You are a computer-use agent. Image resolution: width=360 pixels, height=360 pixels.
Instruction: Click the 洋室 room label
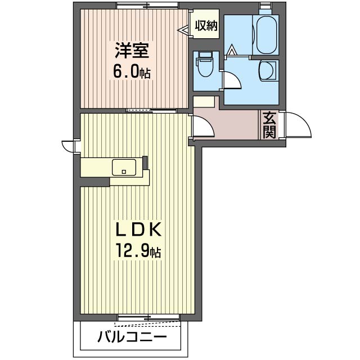(x=132, y=51)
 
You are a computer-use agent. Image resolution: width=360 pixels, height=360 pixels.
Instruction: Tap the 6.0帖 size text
(x=132, y=72)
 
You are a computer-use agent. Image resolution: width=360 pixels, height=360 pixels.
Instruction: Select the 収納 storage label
(x=205, y=26)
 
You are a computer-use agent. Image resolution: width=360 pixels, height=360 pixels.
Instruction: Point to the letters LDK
(x=139, y=229)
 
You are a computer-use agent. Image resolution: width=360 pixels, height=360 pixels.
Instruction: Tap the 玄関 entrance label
(x=269, y=125)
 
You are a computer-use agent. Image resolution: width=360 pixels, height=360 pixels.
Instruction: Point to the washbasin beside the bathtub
(x=266, y=71)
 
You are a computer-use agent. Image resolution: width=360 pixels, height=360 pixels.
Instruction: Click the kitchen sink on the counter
(x=124, y=167)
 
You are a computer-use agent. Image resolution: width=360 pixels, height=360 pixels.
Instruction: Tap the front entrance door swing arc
(x=299, y=125)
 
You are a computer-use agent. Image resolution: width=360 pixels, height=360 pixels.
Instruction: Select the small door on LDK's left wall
(x=69, y=145)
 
